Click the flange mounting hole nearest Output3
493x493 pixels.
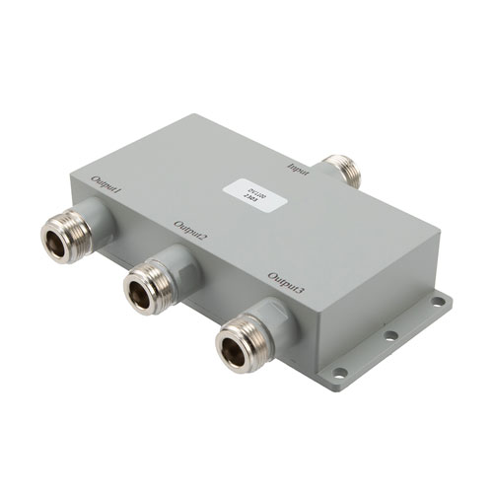[x=341, y=373]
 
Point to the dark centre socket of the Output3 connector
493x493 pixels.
[x=237, y=342]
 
